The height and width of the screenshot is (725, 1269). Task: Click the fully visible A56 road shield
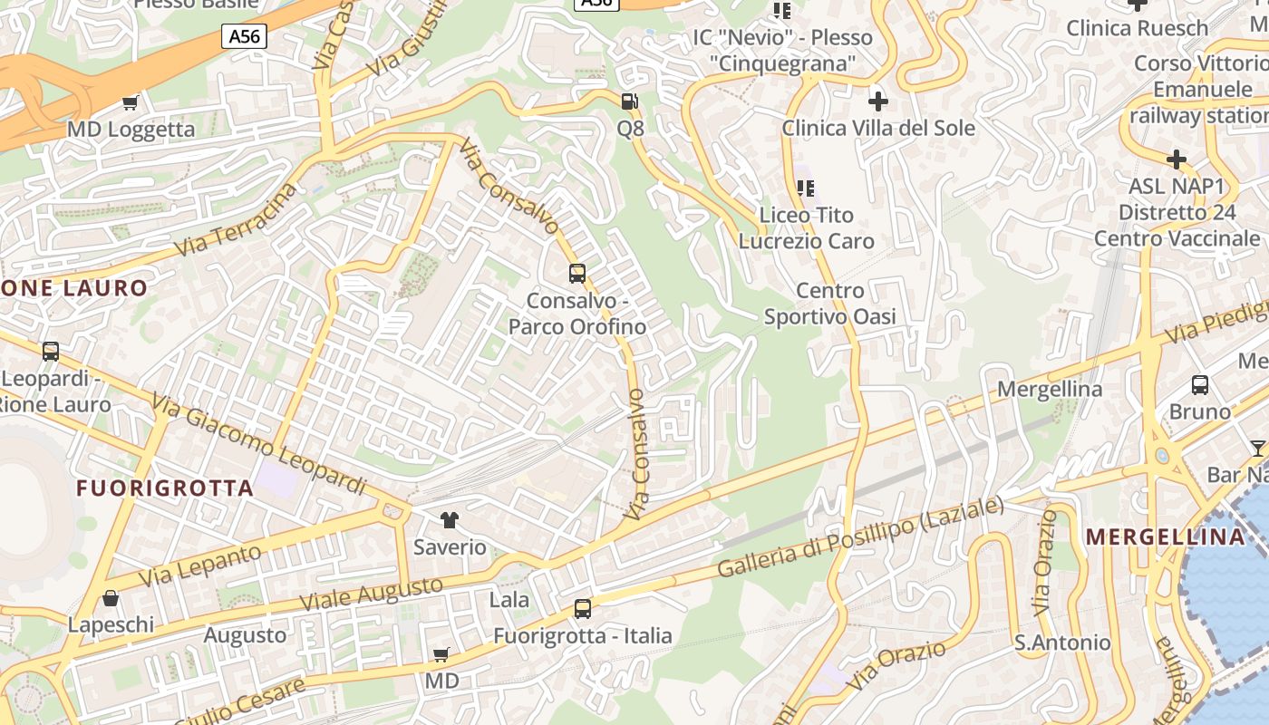point(245,36)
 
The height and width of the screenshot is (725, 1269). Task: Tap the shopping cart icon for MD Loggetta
point(131,102)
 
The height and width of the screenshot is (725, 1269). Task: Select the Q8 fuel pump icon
point(630,101)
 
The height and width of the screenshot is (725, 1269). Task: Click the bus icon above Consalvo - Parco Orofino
point(577,273)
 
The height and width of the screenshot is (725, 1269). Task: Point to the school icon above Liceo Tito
point(806,188)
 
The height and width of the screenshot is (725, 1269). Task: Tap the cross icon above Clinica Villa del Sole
point(877,101)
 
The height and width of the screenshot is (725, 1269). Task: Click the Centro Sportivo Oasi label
point(829,304)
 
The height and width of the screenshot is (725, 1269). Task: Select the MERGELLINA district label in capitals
point(1166,536)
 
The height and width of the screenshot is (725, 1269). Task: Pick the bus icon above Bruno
point(1200,385)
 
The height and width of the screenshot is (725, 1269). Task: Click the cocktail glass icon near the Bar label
point(1257,448)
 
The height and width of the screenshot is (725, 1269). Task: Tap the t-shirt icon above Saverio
point(450,520)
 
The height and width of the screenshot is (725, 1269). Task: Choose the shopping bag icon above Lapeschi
point(111,598)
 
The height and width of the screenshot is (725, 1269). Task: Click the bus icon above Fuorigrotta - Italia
point(583,609)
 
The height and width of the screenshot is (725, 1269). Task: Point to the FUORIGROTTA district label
point(165,488)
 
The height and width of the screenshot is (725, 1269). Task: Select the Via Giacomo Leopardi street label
point(259,445)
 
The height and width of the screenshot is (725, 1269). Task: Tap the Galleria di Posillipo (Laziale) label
point(861,537)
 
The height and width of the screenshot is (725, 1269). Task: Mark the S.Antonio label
point(1062,643)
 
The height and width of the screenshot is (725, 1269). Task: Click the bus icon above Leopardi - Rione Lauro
point(51,351)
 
